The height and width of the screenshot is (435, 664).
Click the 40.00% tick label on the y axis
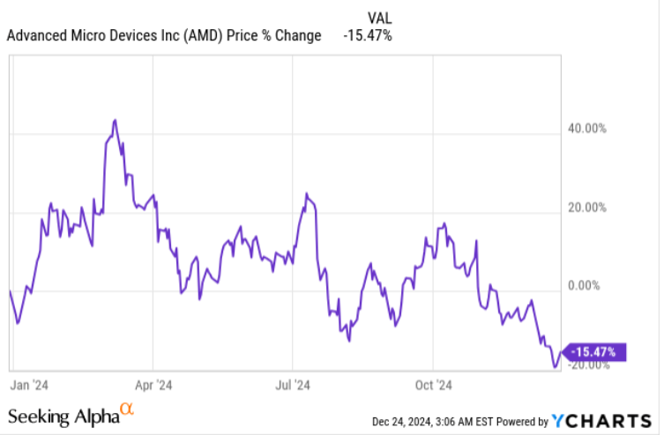click(586, 128)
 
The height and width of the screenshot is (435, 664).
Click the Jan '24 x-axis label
click(29, 385)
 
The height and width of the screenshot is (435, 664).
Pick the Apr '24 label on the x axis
click(153, 385)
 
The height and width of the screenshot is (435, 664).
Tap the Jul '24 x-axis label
click(293, 385)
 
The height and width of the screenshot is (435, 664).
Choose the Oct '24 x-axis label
click(433, 385)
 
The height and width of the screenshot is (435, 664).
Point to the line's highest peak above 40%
click(115, 120)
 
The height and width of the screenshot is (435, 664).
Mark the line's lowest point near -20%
click(555, 366)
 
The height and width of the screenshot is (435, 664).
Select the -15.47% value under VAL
click(368, 36)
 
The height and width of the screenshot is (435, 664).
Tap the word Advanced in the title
click(36, 36)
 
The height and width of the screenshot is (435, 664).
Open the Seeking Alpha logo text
click(63, 416)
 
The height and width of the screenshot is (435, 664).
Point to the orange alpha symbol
click(127, 409)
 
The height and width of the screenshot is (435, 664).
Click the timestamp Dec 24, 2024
click(404, 422)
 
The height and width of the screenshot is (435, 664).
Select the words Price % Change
click(279, 36)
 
